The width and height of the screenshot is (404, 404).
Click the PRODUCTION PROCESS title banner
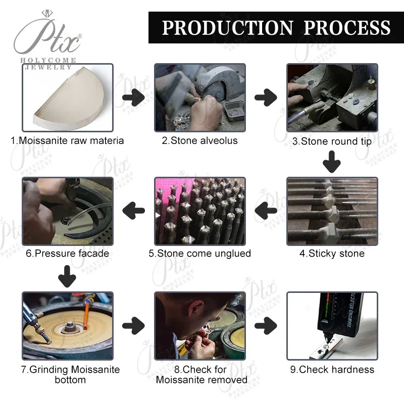[276, 27]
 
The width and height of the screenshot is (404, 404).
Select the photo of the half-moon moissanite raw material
[67, 98]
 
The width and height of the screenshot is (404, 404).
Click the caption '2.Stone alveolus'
[199, 141]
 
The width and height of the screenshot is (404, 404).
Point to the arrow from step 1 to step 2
[134, 97]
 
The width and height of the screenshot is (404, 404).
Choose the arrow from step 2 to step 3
[266, 97]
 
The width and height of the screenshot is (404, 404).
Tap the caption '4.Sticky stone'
[332, 254]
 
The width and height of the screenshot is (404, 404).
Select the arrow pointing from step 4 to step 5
[266, 210]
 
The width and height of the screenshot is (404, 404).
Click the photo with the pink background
[199, 211]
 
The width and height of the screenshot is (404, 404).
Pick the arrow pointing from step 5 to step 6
[134, 210]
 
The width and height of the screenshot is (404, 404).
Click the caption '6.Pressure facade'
[67, 254]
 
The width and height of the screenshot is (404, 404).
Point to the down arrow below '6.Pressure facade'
[67, 276]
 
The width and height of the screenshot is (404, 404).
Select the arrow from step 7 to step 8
[134, 326]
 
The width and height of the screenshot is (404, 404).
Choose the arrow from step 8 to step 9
[266, 326]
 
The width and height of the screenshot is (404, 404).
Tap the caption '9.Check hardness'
[332, 370]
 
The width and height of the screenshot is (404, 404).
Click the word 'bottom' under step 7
[70, 380]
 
